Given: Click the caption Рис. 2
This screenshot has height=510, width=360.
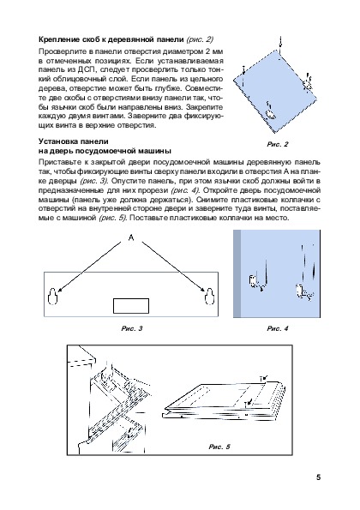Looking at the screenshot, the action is [278, 144].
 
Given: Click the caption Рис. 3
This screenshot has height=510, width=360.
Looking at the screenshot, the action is [132, 328].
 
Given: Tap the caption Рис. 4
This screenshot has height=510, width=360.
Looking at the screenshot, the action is [278, 328].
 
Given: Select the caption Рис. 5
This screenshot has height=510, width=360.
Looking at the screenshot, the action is [219, 447].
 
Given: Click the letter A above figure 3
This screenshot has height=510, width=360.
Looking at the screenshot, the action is [131, 237].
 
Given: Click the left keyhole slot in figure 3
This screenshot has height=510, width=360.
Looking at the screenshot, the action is [52, 297].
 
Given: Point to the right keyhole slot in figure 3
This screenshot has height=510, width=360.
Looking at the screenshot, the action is [209, 297].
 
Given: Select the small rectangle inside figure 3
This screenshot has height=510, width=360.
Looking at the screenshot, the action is [131, 306].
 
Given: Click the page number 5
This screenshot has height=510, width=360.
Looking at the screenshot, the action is [318, 477].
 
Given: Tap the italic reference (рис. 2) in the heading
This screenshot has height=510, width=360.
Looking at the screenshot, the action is [200, 39].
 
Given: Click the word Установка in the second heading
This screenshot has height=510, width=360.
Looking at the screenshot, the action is [57, 141].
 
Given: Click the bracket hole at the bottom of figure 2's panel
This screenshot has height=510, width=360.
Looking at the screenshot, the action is [271, 113].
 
